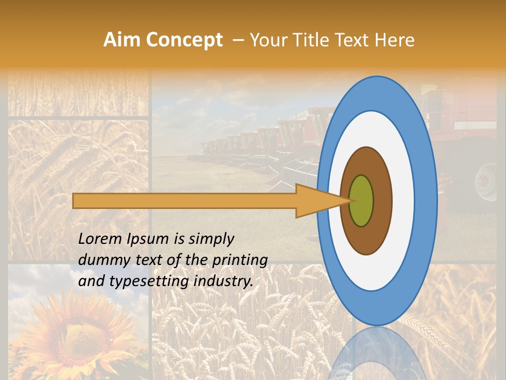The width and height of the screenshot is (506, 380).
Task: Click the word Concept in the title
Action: point(183,40)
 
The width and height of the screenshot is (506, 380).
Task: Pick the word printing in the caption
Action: point(240,260)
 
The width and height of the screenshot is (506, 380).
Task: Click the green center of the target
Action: point(362,201)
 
